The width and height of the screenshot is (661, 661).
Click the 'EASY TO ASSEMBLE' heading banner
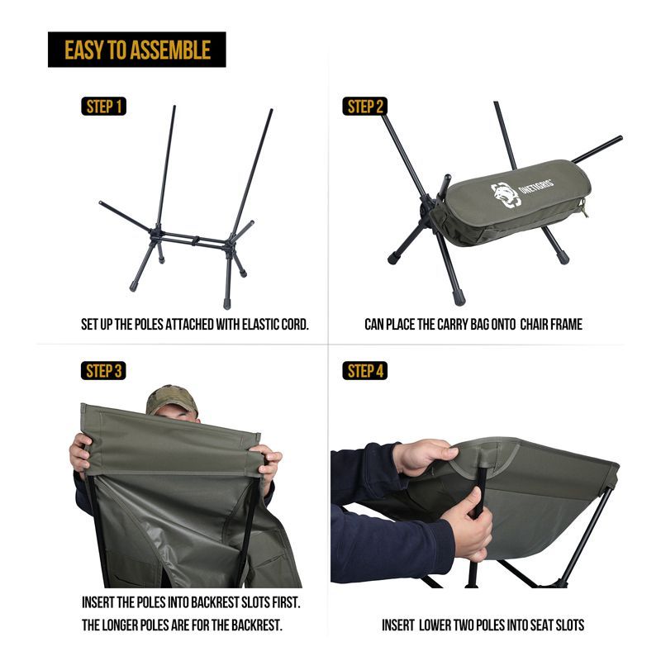click(x=136, y=50)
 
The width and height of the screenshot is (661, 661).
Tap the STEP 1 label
click(x=104, y=107)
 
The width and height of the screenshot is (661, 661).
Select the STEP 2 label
click(x=364, y=107)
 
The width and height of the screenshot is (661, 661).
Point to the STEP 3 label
click(x=104, y=371)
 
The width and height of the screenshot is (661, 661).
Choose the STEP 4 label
click(x=364, y=371)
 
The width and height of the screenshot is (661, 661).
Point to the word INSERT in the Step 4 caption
click(x=399, y=625)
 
